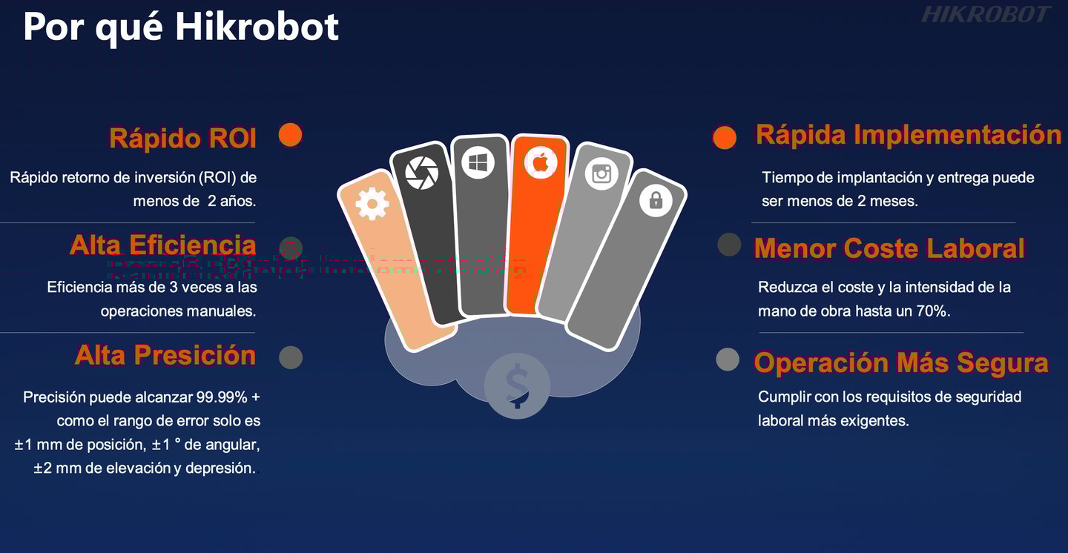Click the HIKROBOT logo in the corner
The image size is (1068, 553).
point(986,15)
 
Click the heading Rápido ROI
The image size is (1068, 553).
point(182,139)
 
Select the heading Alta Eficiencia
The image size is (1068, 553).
point(162,245)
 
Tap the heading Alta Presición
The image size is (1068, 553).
point(165,356)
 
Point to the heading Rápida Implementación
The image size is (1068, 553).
point(909,135)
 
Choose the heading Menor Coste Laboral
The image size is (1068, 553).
point(889,249)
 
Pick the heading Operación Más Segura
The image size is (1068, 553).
point(901,363)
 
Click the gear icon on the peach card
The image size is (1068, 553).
point(372,204)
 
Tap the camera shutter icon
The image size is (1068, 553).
point(421,173)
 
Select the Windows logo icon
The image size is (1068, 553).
point(478,162)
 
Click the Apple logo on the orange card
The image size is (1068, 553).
point(541,162)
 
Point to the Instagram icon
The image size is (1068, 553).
point(601,174)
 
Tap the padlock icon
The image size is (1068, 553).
point(656,199)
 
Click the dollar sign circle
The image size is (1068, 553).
point(517,385)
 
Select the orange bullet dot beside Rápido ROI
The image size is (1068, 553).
point(290,135)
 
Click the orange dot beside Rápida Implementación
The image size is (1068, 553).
point(725,137)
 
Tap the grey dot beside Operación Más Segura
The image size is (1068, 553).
point(728,360)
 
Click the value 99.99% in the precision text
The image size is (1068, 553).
point(222,397)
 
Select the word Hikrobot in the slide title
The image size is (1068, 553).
point(257,27)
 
